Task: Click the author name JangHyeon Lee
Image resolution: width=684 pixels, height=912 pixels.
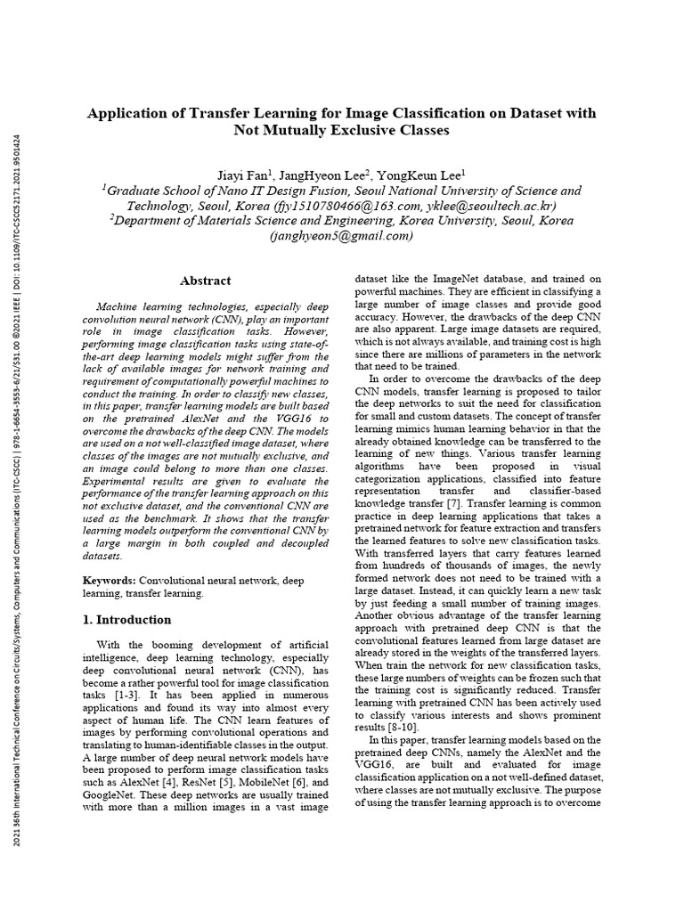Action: (332, 175)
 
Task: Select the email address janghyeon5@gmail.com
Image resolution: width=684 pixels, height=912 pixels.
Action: (342, 236)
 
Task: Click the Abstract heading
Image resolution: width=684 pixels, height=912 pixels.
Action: (206, 281)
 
